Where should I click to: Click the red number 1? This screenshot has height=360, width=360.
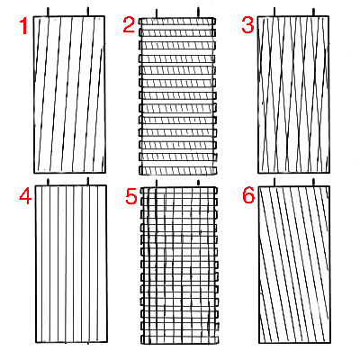coord(23,26)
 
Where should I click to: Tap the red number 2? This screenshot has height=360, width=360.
coord(129,25)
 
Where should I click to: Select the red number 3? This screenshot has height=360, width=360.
coord(247,25)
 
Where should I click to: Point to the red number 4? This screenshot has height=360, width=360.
coord(25,196)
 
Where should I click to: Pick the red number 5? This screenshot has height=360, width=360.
coord(131,197)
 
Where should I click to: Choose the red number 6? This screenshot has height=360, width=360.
coord(248,196)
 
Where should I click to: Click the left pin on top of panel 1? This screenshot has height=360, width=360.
coord(48,12)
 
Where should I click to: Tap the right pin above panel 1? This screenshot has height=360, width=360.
coord(88,12)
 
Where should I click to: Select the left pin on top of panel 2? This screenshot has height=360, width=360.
coord(157,13)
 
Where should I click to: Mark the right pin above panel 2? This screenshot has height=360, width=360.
coord(198,13)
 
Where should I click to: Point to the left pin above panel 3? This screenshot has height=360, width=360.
coord(274,12)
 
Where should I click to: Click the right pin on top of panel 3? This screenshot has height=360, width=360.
coord(313,13)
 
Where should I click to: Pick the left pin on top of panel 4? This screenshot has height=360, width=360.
coord(48,182)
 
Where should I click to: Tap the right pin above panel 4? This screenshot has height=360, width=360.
coord(88,181)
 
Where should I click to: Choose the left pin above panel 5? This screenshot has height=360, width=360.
coord(157,184)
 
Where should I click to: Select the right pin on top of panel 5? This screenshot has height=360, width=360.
coord(198,183)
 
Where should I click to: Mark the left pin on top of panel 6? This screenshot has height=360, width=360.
coord(274,182)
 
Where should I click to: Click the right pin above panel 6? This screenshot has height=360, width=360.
coord(313,182)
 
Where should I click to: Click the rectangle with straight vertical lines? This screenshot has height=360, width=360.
coord(71,264)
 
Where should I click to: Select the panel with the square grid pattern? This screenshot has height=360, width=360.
coord(179,265)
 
